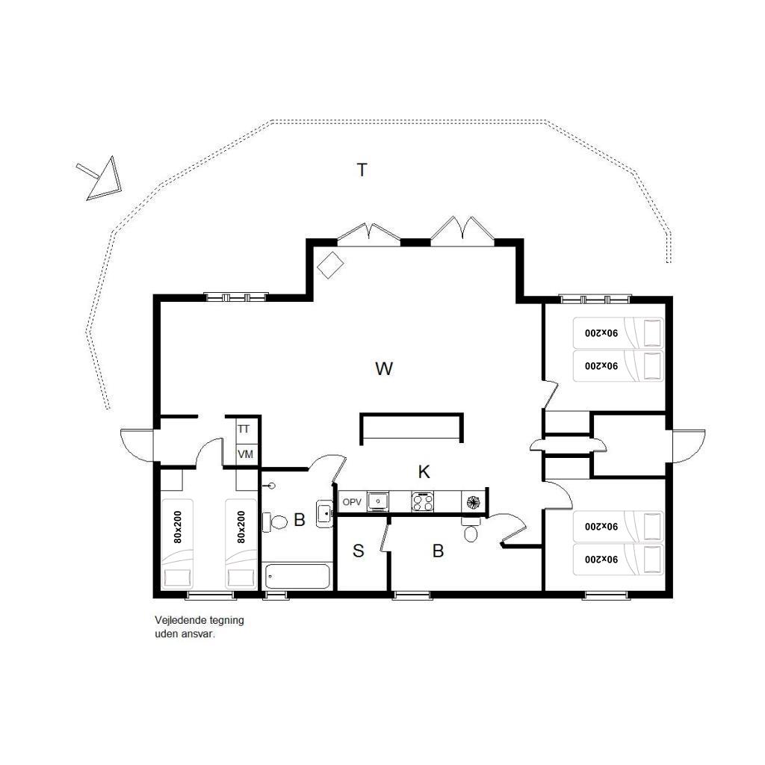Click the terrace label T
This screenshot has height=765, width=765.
[362, 170]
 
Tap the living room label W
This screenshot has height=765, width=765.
[384, 368]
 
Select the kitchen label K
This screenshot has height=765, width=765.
[424, 472]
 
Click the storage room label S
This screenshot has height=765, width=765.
[358, 551]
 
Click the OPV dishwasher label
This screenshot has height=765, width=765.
[352, 502]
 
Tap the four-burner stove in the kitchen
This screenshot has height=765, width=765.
[423, 501]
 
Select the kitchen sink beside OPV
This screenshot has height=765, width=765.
[377, 501]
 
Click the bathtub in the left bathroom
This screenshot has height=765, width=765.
[297, 576]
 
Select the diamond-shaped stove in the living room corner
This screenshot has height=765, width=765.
[330, 265]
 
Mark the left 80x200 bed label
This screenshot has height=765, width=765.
[178, 527]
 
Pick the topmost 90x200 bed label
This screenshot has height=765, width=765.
[601, 333]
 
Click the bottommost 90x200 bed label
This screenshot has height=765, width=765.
[601, 559]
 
